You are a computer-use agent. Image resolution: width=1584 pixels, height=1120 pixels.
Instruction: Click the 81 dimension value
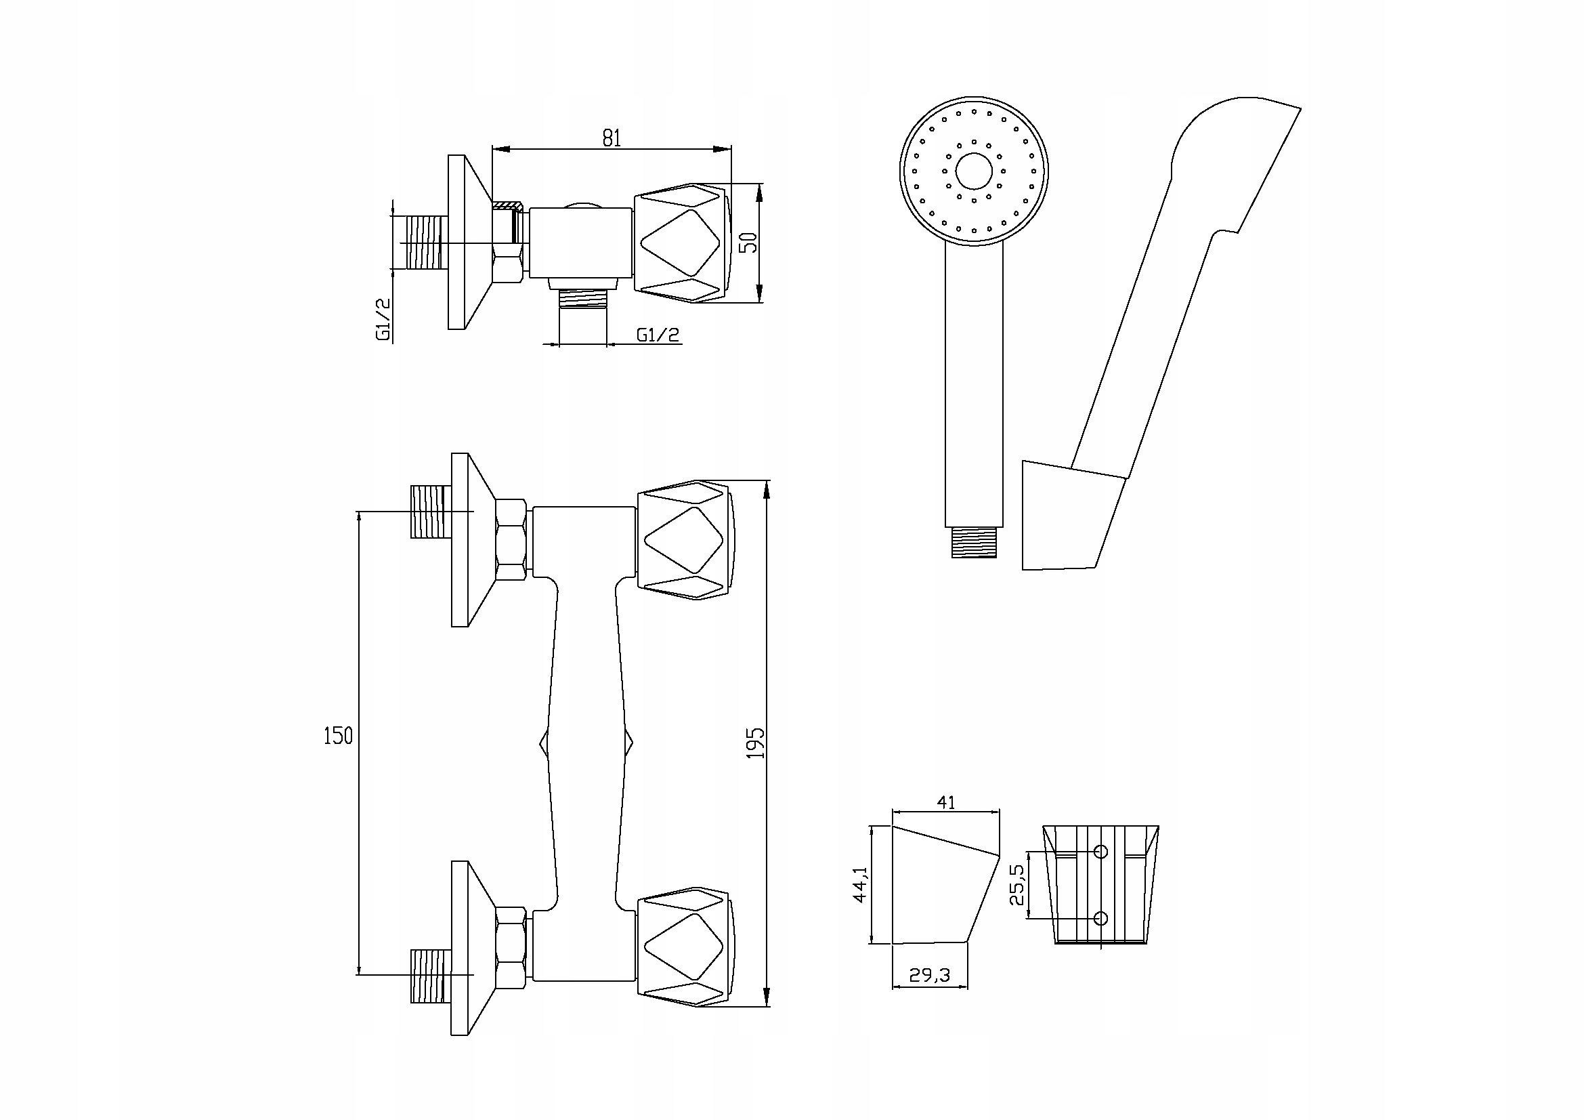point(612,138)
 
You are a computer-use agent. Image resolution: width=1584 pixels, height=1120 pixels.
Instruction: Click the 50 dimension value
point(748,242)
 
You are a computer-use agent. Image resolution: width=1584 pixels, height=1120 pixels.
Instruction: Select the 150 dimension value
point(338,737)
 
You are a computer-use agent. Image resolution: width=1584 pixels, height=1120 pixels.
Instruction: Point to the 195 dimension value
point(756,743)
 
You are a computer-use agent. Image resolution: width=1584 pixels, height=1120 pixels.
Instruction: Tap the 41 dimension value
point(946,802)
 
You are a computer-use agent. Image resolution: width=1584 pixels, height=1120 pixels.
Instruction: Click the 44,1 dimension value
point(860,885)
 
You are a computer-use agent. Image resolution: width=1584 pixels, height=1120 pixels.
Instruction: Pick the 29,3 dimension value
point(929,975)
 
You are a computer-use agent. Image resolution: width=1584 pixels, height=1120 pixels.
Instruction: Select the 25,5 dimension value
point(1018,885)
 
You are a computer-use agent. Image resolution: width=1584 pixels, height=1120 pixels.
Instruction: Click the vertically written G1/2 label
point(383,320)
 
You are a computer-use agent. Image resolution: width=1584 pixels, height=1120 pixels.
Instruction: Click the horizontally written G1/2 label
point(658,335)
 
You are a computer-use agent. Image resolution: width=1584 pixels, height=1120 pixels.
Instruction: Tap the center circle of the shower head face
point(973,171)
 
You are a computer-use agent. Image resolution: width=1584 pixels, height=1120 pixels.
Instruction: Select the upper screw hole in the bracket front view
point(1101,852)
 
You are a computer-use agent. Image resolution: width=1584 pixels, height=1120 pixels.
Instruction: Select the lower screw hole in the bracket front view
point(1101,919)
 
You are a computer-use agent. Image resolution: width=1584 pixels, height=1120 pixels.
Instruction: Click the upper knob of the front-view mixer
point(685,539)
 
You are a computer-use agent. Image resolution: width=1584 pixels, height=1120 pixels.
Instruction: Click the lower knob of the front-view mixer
point(685,946)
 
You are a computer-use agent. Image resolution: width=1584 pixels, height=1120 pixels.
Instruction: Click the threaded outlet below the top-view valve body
point(582,298)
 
